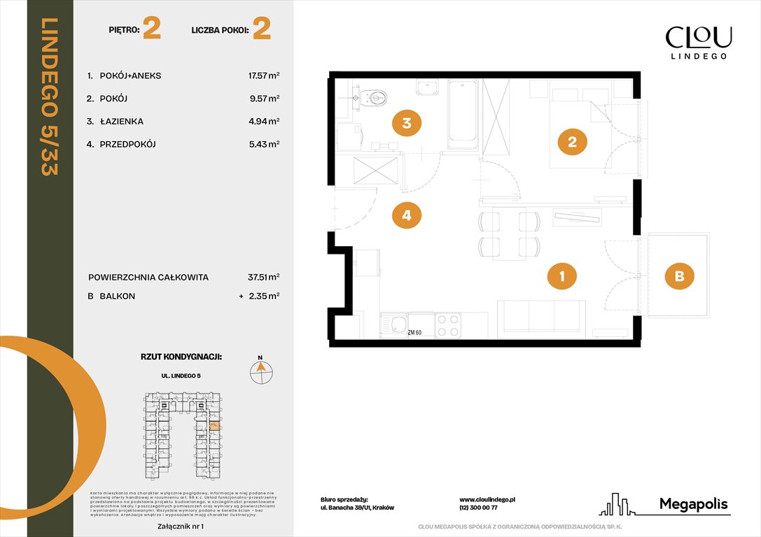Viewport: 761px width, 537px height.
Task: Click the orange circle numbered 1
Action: tap(561, 277)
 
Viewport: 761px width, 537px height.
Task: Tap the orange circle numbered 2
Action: tap(572, 142)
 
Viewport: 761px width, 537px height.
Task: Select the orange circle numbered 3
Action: tap(406, 124)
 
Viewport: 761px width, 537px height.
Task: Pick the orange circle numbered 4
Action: tap(406, 215)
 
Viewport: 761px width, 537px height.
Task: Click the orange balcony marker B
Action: tap(678, 277)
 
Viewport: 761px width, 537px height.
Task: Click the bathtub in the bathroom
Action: tap(462, 115)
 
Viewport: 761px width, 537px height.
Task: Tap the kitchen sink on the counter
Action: tap(393, 325)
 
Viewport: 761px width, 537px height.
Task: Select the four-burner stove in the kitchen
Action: tap(448, 325)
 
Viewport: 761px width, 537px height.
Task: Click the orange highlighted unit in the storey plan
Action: tap(215, 424)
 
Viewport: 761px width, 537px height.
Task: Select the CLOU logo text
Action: tap(698, 37)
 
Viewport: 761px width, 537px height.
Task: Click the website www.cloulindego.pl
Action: tap(487, 500)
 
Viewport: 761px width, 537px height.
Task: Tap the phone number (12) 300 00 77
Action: tap(478, 508)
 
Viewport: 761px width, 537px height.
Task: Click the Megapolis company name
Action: tap(693, 504)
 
